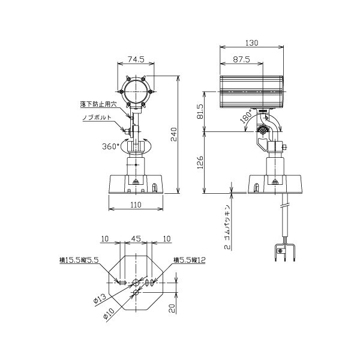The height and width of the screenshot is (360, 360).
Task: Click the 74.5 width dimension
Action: pyautogui.click(x=136, y=59)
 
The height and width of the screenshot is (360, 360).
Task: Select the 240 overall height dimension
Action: pyautogui.click(x=174, y=134)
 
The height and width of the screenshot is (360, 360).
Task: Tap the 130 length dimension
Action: pyautogui.click(x=251, y=43)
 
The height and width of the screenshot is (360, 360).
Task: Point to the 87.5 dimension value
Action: pyautogui.click(x=242, y=59)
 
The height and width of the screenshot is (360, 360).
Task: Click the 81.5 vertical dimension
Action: pyautogui.click(x=200, y=112)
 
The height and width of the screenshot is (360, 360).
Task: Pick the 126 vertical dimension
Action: pyautogui.click(x=200, y=163)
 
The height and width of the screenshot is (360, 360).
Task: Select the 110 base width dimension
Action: pyautogui.click(x=136, y=205)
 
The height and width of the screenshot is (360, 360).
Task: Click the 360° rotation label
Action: pyautogui.click(x=111, y=146)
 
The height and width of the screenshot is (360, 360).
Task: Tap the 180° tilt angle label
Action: pyautogui.click(x=246, y=116)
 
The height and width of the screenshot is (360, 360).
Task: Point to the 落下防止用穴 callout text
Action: pyautogui.click(x=98, y=104)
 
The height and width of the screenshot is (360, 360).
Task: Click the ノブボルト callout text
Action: pyautogui.click(x=97, y=118)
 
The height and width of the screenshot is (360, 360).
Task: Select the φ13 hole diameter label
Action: pyautogui.click(x=100, y=299)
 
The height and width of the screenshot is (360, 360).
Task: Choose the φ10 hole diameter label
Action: pyautogui.click(x=109, y=313)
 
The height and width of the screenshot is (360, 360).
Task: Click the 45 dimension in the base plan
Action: pyautogui.click(x=136, y=239)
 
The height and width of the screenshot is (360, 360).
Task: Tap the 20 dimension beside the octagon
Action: pyautogui.click(x=172, y=308)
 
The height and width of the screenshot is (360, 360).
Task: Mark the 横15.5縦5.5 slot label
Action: pyautogui.click(x=79, y=260)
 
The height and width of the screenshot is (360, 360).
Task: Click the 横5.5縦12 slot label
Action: pyautogui.click(x=190, y=260)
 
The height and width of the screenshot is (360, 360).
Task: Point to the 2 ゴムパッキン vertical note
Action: pyautogui.click(x=227, y=227)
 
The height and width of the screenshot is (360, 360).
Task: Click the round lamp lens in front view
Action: pyautogui.click(x=136, y=92)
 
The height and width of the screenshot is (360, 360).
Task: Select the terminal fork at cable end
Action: pyautogui.click(x=284, y=253)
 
